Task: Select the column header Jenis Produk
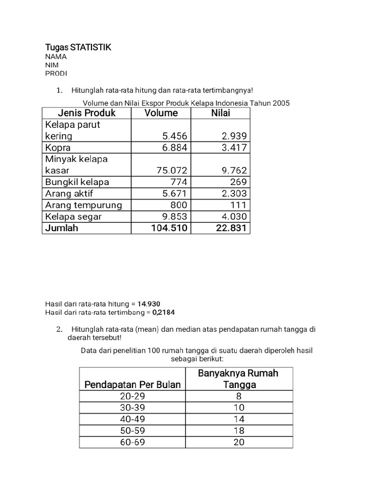[87, 113]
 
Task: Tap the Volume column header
[161, 113]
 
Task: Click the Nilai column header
[220, 113]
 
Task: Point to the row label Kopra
[58, 148]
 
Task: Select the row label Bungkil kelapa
[77, 182]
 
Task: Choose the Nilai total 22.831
[231, 228]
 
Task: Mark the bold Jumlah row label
[62, 228]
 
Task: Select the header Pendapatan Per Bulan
[133, 385]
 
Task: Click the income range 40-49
[133, 419]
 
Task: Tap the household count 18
[239, 431]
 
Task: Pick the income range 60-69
[133, 442]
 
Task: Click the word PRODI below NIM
[56, 73]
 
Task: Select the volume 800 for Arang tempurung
[179, 205]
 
